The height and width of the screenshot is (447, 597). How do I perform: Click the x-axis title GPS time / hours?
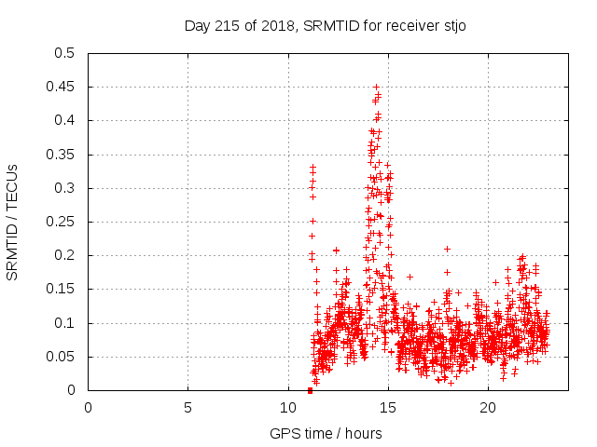point(326,433)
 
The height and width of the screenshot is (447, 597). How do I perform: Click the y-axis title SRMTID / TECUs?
point(13,222)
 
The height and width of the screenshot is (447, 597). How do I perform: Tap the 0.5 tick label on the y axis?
point(64,53)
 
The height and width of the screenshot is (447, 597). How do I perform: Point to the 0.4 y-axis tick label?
point(64,121)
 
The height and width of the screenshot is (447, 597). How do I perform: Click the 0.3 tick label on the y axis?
point(64,188)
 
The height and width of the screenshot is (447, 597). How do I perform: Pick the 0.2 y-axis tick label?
point(64,256)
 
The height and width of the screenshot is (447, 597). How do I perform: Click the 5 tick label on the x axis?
point(187,408)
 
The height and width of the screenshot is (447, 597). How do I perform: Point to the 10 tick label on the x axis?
point(287,408)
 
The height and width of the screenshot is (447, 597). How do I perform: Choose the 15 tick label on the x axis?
point(387,408)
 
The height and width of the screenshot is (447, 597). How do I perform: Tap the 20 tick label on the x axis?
point(487,408)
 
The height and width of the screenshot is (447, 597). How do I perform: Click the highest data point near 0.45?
point(376,87)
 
